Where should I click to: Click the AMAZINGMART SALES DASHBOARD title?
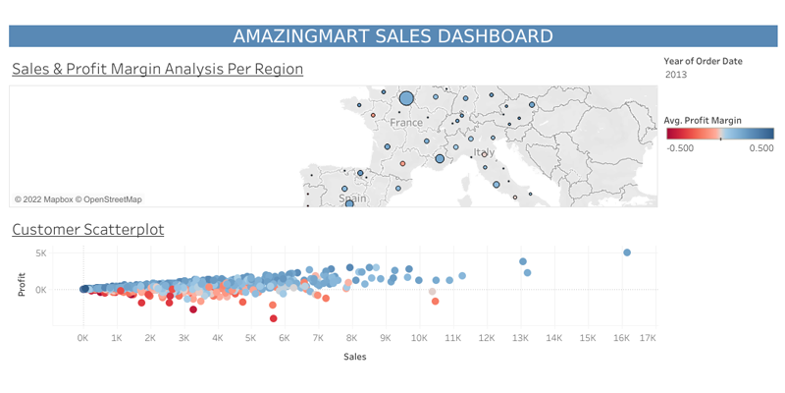coord(392,36)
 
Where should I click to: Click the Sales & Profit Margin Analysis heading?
coord(157,69)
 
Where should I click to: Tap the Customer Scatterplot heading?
coord(87,230)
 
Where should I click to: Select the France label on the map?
coord(405,123)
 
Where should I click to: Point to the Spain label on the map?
coord(352,198)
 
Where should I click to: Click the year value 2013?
coord(676,75)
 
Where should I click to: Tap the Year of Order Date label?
coord(703,61)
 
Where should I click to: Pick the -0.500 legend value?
coord(680,148)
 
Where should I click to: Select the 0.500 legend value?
coord(760,148)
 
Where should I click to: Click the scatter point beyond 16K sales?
coord(627,253)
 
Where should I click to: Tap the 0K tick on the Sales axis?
coord(83,338)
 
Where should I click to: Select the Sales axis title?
coord(355,357)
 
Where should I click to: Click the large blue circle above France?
coord(406,98)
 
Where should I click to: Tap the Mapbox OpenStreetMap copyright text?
coord(78,199)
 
